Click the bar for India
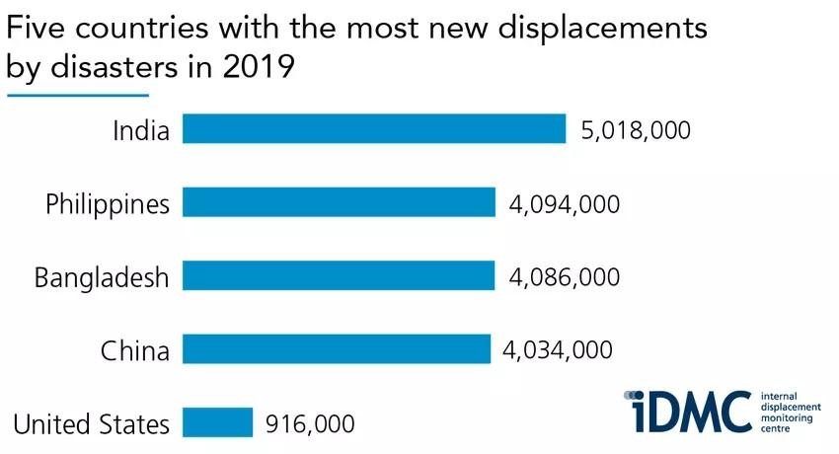click(374, 129)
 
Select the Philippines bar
click(339, 202)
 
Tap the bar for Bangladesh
click(339, 275)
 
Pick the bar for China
click(337, 349)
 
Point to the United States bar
click(218, 422)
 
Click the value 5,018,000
click(635, 130)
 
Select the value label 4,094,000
click(564, 204)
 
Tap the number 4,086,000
click(564, 277)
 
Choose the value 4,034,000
click(559, 350)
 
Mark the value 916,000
click(310, 424)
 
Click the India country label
click(141, 130)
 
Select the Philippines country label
click(108, 204)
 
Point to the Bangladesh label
click(102, 277)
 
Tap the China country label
click(135, 350)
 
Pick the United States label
click(91, 424)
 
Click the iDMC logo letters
click(687, 411)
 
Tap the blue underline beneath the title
click(77, 96)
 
